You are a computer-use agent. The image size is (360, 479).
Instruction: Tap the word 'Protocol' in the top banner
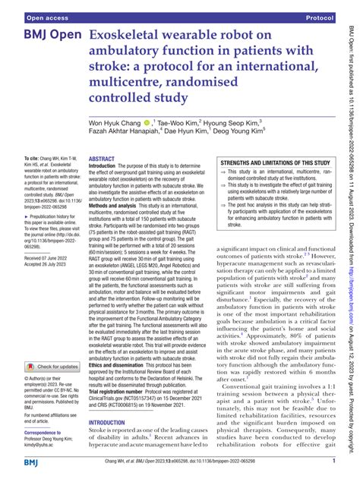coord(318,15)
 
